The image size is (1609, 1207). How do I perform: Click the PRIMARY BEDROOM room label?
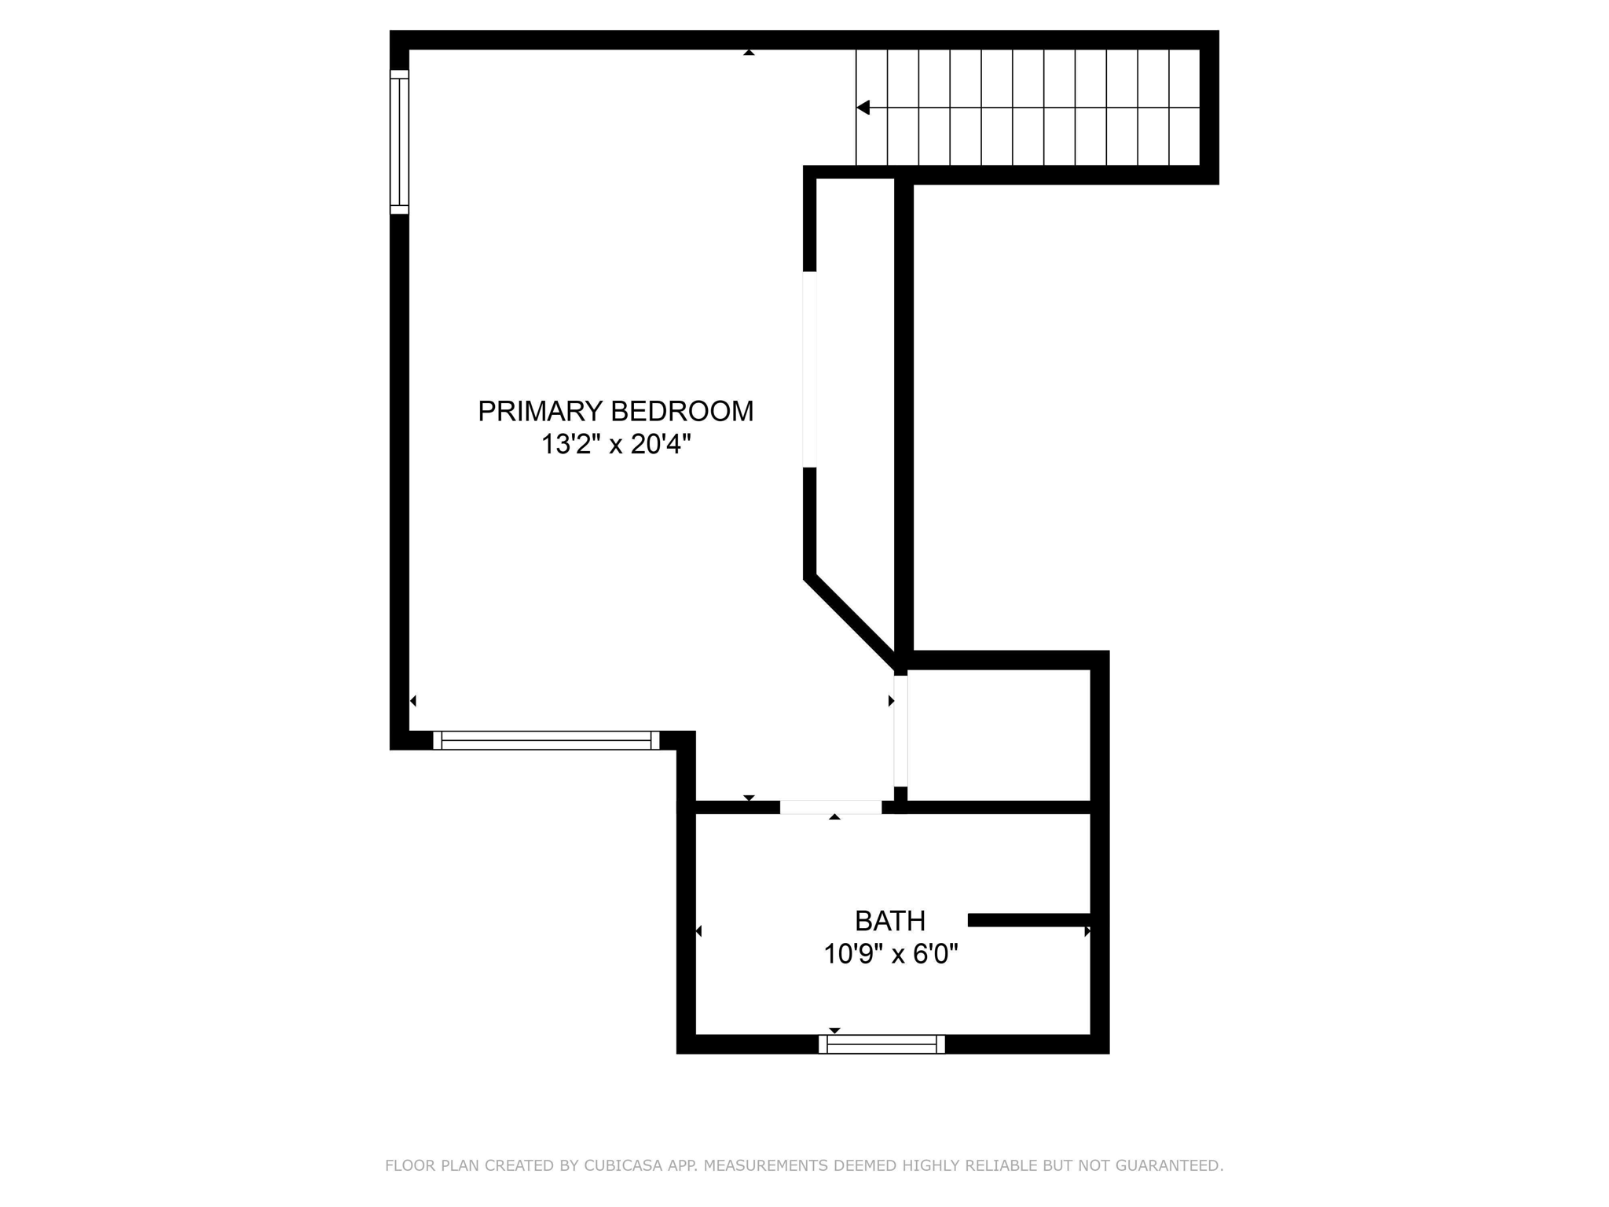(615, 411)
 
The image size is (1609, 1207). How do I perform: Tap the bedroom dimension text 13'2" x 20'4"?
(615, 445)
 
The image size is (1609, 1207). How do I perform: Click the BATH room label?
(889, 920)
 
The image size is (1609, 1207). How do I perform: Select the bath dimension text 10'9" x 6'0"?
(890, 954)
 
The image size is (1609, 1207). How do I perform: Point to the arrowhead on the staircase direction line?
(863, 108)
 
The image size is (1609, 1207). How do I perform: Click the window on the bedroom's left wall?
(399, 141)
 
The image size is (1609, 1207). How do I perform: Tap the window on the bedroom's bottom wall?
(546, 740)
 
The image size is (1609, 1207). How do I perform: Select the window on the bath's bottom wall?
(881, 1044)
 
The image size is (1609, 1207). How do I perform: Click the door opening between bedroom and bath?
(830, 807)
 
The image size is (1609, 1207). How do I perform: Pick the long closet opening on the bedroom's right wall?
(809, 369)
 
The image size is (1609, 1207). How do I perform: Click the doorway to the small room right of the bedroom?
(900, 731)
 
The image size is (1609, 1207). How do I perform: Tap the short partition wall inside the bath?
(1029, 920)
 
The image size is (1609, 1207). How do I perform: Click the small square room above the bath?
(999, 736)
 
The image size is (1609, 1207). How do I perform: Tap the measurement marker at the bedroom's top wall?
(749, 53)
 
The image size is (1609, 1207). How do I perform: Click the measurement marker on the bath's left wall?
(698, 931)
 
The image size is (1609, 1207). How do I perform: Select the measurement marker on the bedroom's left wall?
(413, 701)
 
